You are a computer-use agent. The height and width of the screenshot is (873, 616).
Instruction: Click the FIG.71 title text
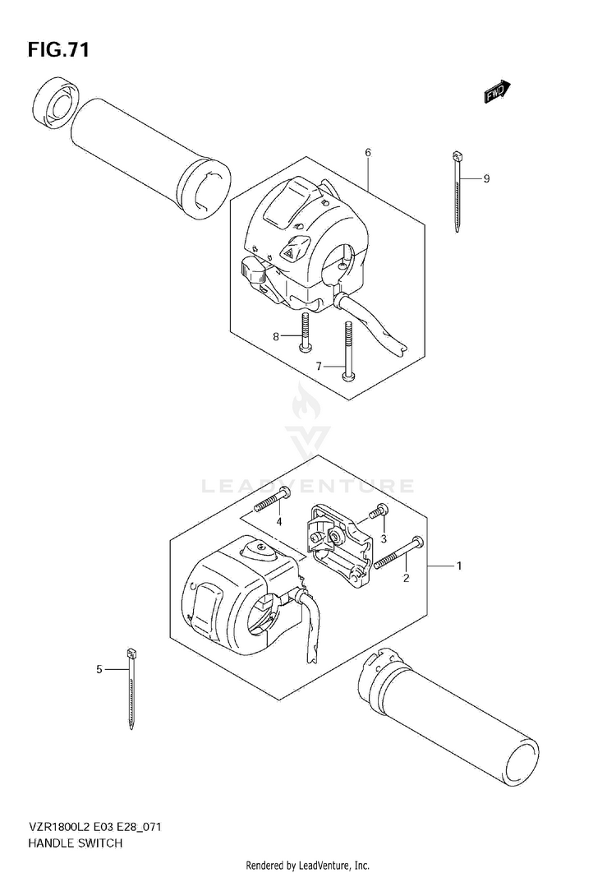(58, 50)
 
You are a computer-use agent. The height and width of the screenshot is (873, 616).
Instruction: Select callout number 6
(368, 153)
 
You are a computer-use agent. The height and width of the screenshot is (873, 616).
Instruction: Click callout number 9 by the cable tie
(486, 178)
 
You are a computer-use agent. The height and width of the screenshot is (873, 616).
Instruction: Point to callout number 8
(277, 335)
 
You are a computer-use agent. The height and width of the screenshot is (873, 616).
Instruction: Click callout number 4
(279, 521)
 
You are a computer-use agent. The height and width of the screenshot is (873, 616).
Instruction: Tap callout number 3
(383, 538)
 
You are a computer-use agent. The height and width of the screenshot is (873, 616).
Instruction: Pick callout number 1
(459, 566)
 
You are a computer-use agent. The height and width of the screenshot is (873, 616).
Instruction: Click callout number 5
(99, 669)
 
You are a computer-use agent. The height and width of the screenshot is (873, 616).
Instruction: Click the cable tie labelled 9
(456, 190)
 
